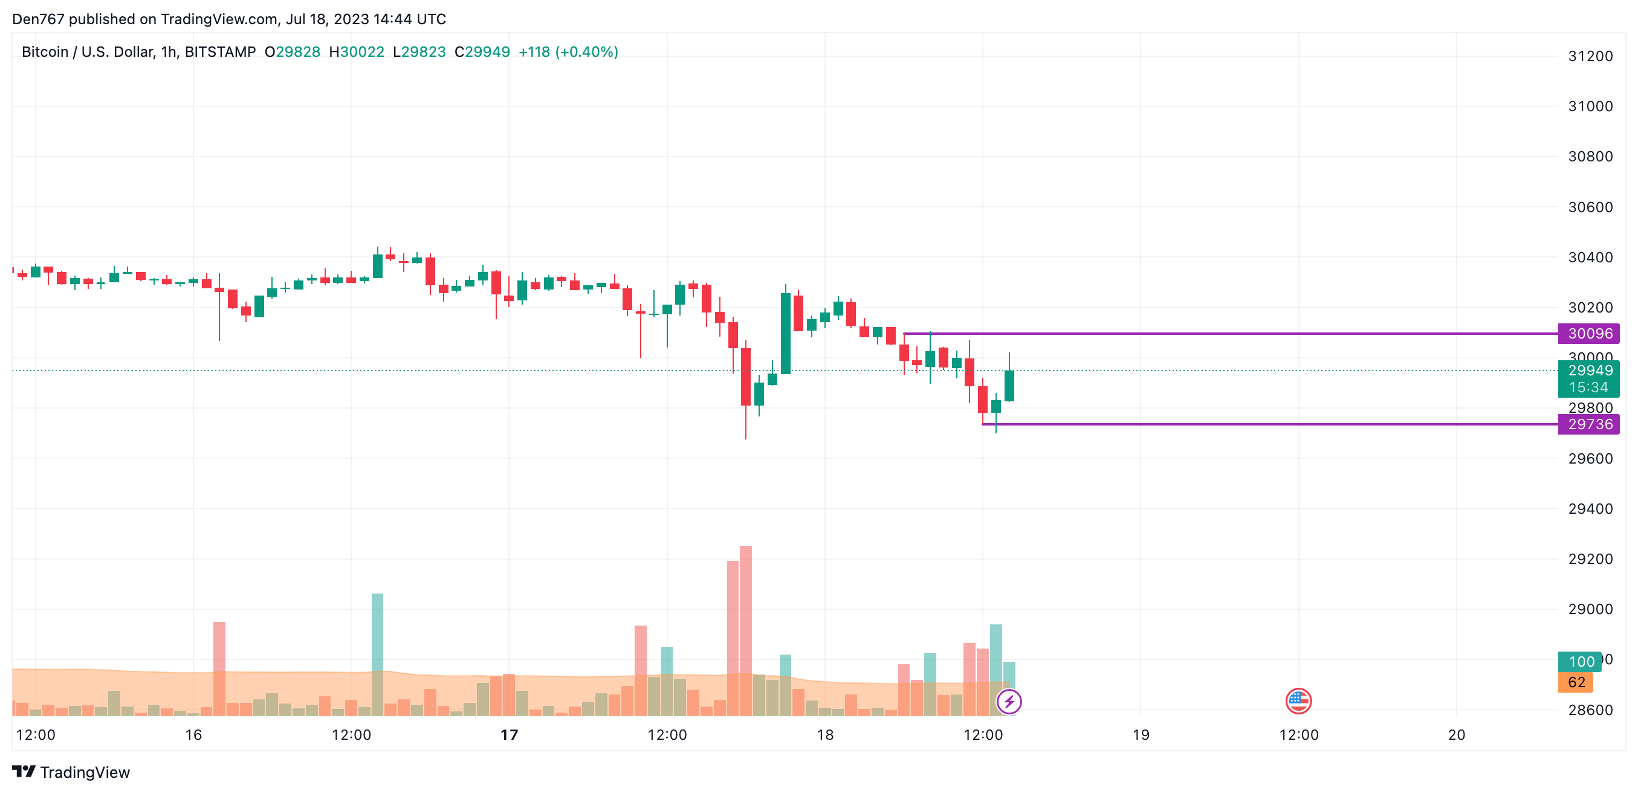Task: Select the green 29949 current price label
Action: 1588,371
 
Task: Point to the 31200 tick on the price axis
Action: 1590,56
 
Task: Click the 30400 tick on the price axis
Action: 1590,257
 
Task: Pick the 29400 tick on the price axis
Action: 1590,509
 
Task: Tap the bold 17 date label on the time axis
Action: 509,735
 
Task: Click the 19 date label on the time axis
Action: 1141,735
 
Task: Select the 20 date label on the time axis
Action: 1456,735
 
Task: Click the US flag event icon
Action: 1298,701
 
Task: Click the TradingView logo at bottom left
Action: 71,772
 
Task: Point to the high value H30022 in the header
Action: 356,52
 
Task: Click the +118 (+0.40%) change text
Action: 568,52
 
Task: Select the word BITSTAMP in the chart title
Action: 220,52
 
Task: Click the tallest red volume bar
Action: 745,630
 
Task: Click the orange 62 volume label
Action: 1575,682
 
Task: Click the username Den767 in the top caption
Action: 38,19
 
